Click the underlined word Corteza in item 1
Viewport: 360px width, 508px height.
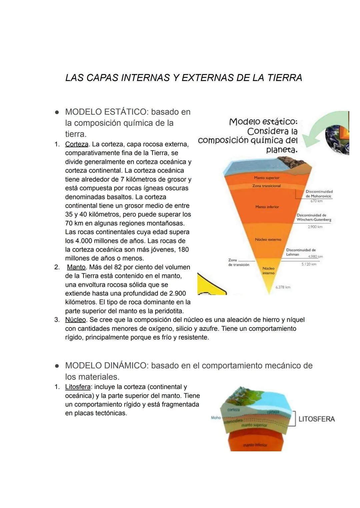(77, 144)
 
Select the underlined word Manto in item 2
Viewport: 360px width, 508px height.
(76, 267)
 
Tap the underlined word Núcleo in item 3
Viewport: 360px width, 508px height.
(75, 320)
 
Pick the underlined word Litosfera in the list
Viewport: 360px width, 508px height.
(78, 387)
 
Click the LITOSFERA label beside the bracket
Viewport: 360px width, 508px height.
(316, 419)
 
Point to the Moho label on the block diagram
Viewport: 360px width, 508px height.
(216, 417)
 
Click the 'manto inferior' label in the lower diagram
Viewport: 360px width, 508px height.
(255, 445)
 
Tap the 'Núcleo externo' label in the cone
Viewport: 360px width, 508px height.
(268, 240)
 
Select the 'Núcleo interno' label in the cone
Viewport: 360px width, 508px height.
(268, 270)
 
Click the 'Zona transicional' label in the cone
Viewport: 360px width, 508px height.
(266, 186)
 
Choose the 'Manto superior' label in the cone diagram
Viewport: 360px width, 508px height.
(267, 178)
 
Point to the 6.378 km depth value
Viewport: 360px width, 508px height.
(283, 287)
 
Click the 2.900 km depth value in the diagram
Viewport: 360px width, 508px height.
(315, 227)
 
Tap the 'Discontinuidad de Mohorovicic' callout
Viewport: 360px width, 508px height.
(319, 194)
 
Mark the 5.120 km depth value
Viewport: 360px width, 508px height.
(309, 264)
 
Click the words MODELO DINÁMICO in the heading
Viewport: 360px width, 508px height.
(106, 365)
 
